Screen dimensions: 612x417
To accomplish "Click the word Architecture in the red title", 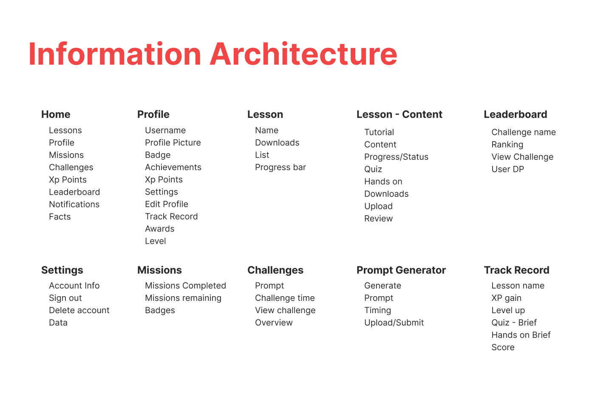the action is click(303, 54).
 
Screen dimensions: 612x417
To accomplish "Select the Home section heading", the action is click(56, 114).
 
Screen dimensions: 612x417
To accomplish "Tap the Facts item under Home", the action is click(60, 217).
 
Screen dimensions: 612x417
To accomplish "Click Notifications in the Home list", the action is click(74, 204).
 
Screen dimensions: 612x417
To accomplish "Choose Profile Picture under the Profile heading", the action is click(173, 143).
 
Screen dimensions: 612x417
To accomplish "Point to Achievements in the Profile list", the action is click(173, 167).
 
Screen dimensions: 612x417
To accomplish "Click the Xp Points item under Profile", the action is click(164, 180).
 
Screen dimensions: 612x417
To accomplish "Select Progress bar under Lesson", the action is click(280, 167).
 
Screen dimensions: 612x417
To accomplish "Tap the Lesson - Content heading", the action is click(399, 114).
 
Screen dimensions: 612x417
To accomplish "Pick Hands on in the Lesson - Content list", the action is click(383, 181).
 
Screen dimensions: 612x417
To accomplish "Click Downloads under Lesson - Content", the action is click(387, 194).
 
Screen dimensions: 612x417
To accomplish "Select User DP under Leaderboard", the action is click(508, 169).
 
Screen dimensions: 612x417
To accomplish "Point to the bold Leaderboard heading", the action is click(516, 114).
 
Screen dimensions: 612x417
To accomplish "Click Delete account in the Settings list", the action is click(79, 310).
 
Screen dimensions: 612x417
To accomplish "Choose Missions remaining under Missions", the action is click(183, 298).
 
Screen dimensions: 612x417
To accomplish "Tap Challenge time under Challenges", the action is click(285, 298).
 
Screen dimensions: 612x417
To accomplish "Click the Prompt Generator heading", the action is click(401, 270).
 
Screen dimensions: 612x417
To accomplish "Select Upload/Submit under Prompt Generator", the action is click(394, 323).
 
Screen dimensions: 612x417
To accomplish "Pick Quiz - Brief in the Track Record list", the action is click(514, 323).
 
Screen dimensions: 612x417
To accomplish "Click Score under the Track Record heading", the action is click(503, 347).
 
